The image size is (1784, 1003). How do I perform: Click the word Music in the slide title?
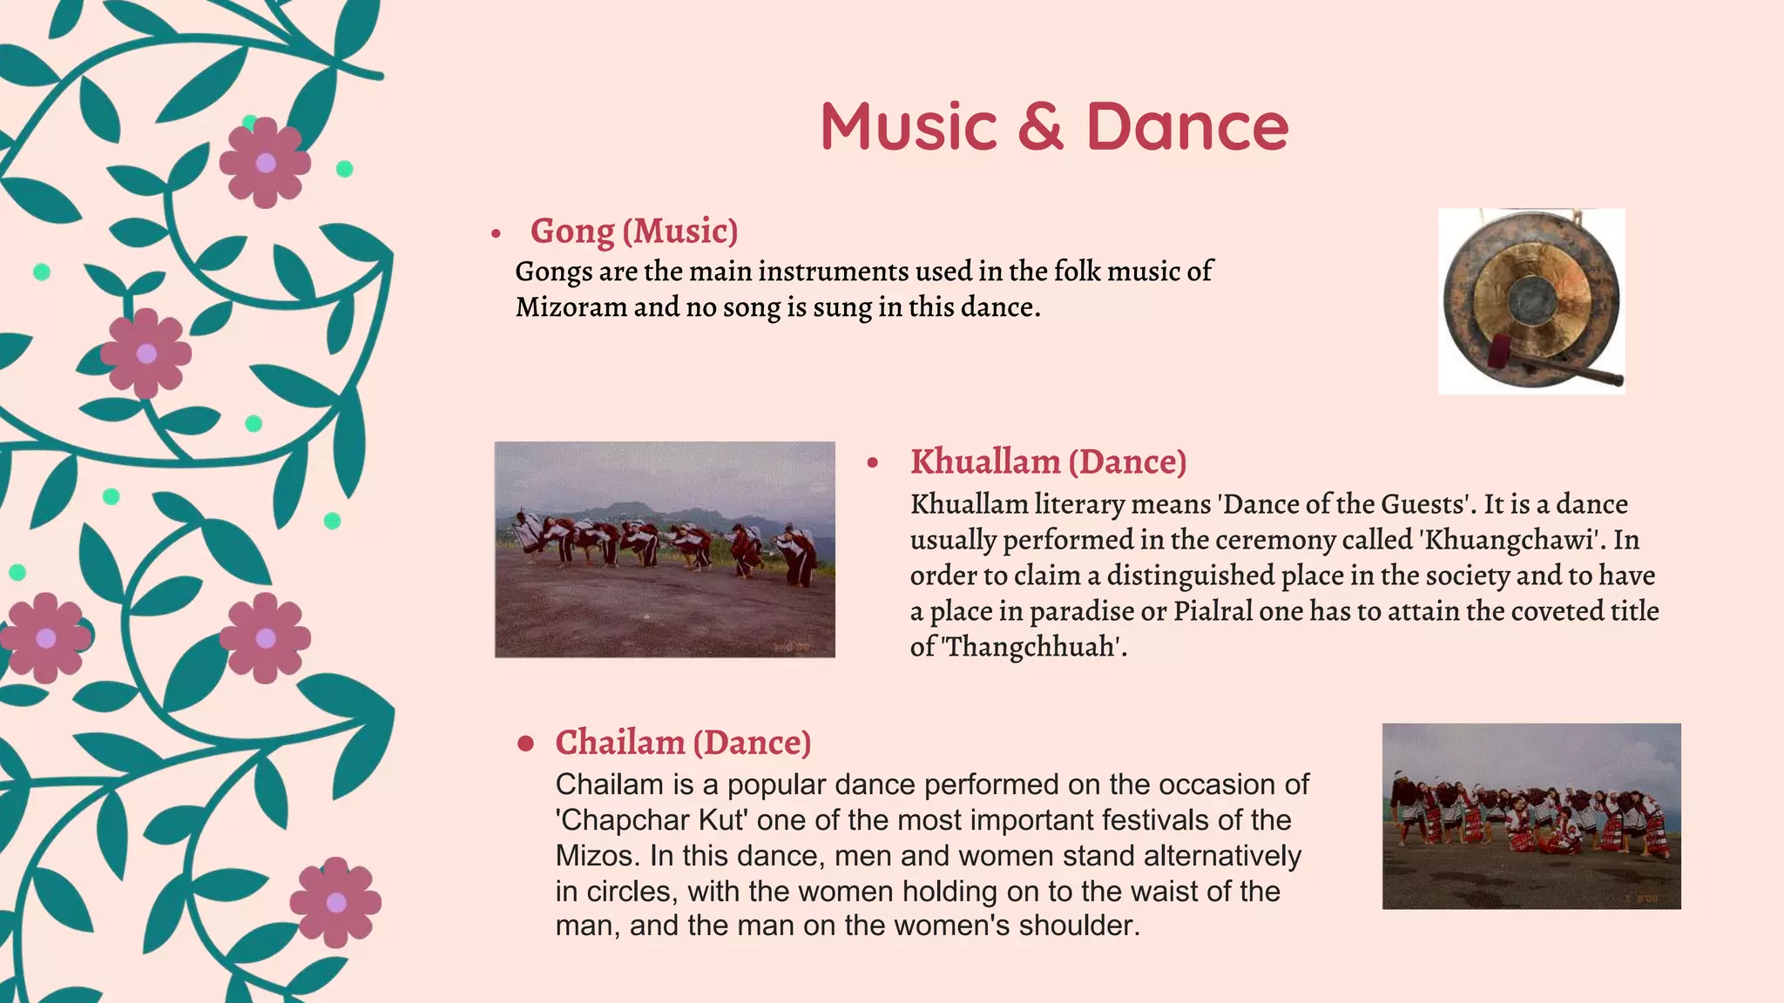coord(908,127)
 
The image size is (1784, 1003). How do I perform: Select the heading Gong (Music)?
coord(634,232)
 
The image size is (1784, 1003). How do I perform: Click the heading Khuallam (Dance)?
coord(1048,462)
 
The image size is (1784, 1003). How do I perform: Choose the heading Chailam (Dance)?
coord(683,743)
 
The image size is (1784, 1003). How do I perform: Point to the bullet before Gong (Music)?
coord(496,233)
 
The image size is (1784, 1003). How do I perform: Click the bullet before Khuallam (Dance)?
coord(873,463)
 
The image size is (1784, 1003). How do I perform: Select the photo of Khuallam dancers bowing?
coord(665,549)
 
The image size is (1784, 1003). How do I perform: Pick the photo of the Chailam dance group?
coord(1531,816)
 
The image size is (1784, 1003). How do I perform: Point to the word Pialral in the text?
coord(1213,611)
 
